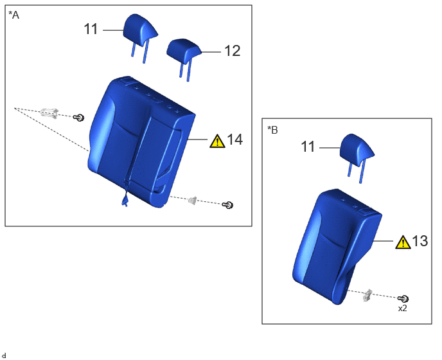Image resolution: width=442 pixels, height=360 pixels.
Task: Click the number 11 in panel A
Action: click(91, 30)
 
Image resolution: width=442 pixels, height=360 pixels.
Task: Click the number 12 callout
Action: click(233, 51)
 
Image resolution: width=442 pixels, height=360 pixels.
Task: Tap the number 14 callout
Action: click(235, 139)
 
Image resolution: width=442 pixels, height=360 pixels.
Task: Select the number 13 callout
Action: click(420, 241)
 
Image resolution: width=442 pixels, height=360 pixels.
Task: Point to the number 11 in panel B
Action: click(308, 147)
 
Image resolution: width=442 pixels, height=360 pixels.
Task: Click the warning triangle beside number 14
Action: click(217, 141)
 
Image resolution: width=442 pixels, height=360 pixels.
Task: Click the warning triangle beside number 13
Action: click(403, 242)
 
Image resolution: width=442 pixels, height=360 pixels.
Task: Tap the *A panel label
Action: click(14, 15)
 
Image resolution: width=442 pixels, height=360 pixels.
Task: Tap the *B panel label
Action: click(272, 130)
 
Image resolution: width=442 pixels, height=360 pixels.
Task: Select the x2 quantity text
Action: click(403, 309)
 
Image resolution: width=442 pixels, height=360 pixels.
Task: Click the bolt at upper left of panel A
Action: click(78, 118)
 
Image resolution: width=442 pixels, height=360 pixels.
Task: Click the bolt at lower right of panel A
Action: click(228, 205)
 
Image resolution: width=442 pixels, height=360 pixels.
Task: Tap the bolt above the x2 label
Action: click(403, 298)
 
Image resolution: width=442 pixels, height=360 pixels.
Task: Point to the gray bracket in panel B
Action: click(367, 295)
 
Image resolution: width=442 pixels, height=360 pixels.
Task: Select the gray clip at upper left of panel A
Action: click(49, 113)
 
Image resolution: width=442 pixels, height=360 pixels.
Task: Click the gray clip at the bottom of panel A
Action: click(192, 201)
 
